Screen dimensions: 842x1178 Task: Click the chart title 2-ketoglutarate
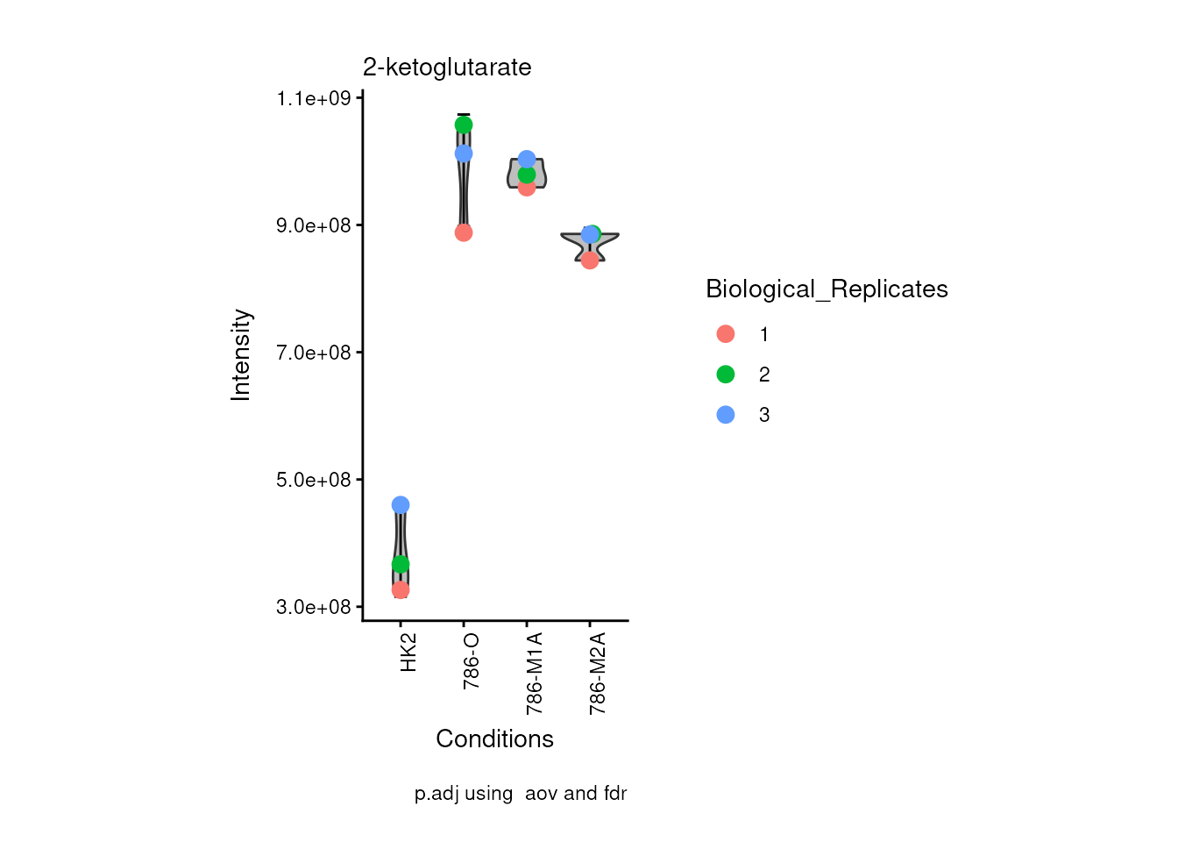coord(447,68)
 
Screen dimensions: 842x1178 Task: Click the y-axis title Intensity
coord(241,354)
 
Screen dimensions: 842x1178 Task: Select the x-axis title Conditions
coord(494,739)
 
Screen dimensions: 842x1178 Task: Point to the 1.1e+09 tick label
coord(314,98)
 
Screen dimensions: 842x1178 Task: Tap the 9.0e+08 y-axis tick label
coord(314,225)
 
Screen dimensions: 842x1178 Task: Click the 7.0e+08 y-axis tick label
coord(314,353)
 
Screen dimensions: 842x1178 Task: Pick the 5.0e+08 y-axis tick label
coord(314,480)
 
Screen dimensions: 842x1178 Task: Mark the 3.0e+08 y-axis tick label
coord(314,607)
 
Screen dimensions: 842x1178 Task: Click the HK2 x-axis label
coord(408,653)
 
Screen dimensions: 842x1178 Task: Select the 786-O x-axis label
coord(472,660)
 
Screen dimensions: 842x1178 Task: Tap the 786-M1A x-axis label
coord(535,673)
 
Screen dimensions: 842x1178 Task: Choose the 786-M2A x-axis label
coord(598,673)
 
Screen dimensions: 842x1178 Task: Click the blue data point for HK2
coord(401,505)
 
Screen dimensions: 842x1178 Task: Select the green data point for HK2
coord(401,564)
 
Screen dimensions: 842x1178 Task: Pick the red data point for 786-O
coord(464,232)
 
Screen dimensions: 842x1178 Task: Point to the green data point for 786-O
coord(464,125)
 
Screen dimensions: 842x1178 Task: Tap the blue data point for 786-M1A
coord(527,159)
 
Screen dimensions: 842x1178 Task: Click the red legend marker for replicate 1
coord(726,334)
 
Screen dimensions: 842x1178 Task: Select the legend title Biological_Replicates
coord(827,289)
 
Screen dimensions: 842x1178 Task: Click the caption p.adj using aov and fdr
coord(521,794)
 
